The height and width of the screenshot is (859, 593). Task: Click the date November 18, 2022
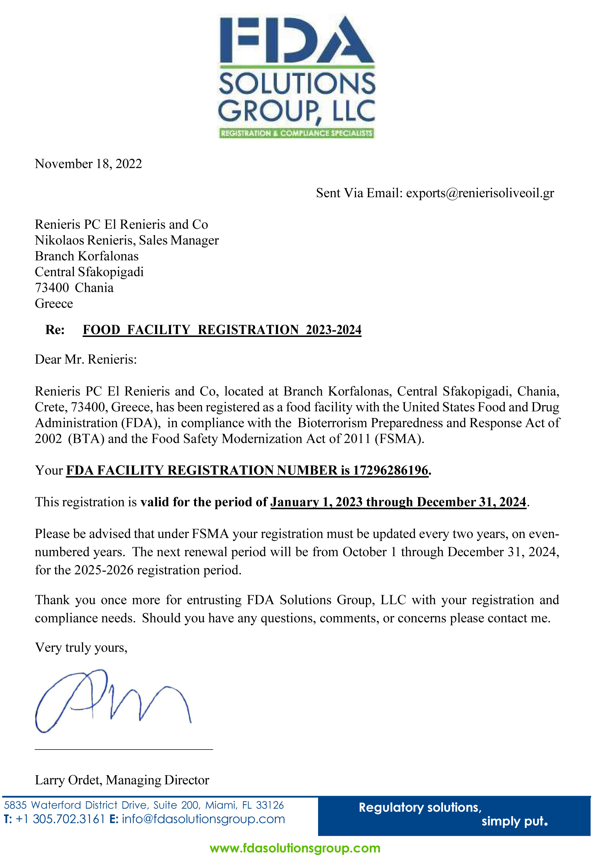point(89,164)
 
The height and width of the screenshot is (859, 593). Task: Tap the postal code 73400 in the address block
point(52,288)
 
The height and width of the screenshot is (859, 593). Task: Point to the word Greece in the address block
point(54,304)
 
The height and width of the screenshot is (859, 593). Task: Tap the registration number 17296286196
point(390,471)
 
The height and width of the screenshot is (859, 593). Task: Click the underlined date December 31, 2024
point(471,502)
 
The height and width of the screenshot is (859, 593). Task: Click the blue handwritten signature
point(111,701)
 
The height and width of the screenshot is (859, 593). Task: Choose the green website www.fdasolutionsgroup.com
point(295,848)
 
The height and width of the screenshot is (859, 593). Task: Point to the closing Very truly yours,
point(81,648)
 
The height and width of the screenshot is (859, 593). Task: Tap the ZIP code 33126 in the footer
point(269,805)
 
